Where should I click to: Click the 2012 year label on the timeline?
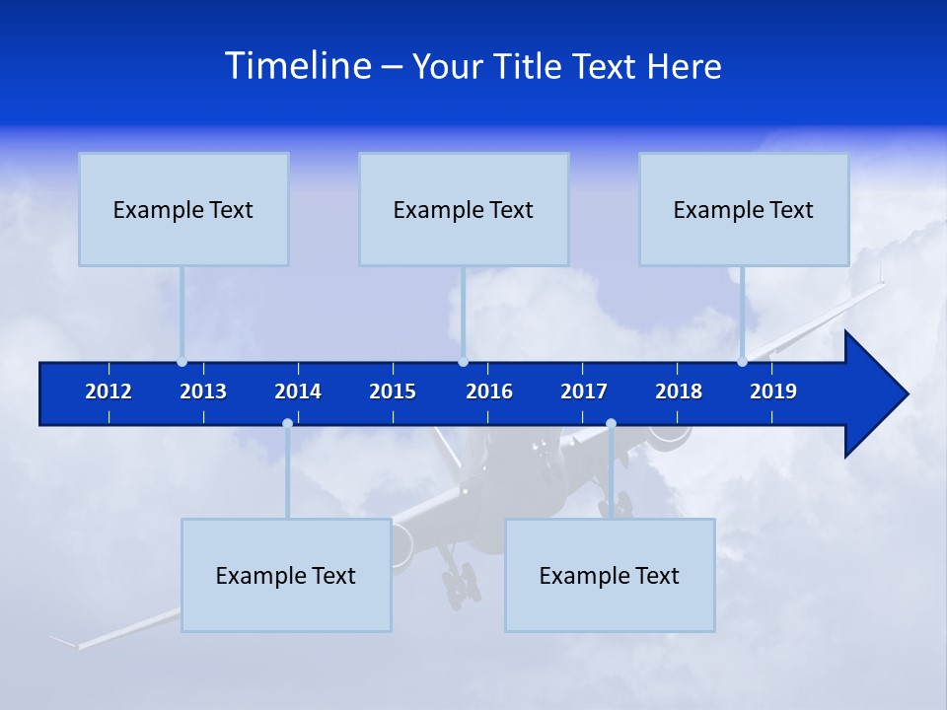[x=109, y=391]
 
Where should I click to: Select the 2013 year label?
[x=203, y=391]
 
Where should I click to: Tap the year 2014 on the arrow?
[x=298, y=391]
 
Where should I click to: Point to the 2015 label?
[x=393, y=391]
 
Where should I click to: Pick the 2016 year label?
[x=489, y=391]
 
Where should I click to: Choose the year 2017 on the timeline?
[x=584, y=391]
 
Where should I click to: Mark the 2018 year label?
[x=679, y=391]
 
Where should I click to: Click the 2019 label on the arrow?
[x=773, y=391]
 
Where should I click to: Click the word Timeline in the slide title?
[x=299, y=66]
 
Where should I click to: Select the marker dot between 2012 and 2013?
[x=182, y=361]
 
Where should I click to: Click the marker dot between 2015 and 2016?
[x=463, y=361]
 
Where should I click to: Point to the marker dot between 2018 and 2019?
[x=742, y=361]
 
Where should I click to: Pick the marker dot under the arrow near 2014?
[x=287, y=423]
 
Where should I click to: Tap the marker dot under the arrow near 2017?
[x=611, y=423]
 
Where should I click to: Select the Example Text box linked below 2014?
[x=286, y=575]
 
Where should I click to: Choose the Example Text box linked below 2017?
[x=610, y=575]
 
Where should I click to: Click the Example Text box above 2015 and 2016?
[x=464, y=209]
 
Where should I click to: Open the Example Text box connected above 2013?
[x=183, y=209]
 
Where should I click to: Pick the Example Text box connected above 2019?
[x=744, y=209]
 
